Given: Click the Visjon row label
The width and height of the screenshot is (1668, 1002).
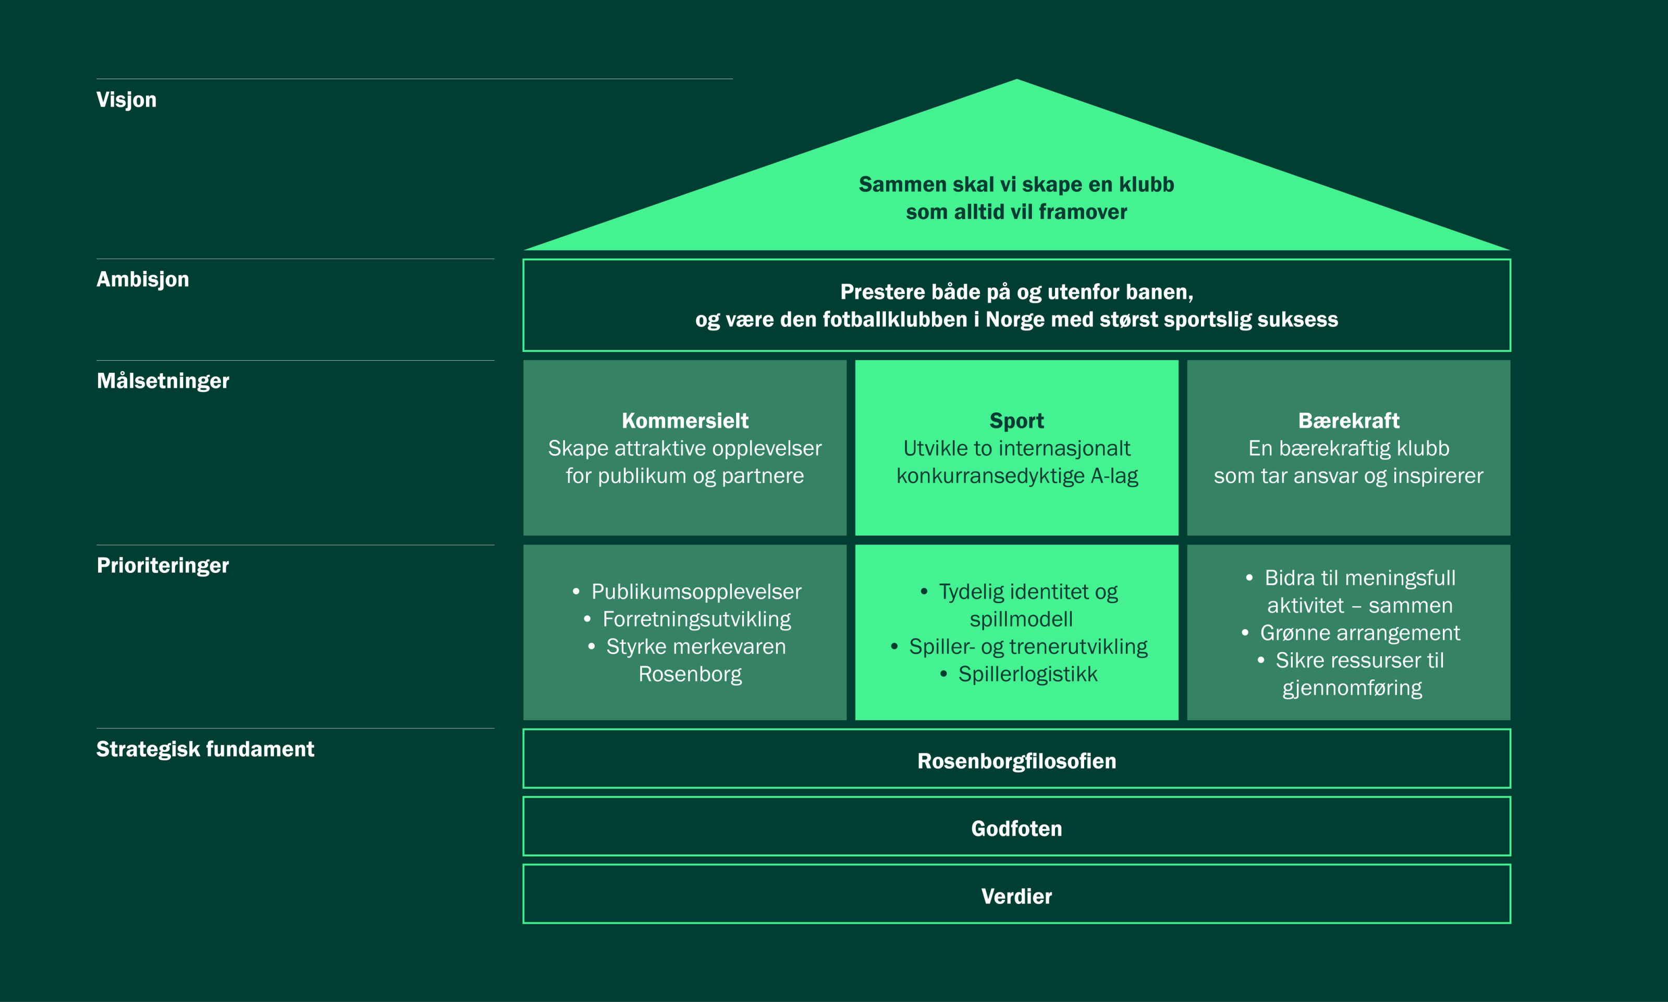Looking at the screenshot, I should pos(126,100).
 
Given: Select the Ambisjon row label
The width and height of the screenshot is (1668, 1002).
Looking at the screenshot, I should pos(142,279).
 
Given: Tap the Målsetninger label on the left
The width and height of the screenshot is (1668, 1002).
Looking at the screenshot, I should pos(163,381).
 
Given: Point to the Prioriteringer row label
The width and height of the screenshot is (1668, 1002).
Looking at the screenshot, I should pos(163,565).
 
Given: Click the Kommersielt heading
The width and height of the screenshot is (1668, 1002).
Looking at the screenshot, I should pos(684,421).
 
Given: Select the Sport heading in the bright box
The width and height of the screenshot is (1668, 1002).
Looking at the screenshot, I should pos(1016,421).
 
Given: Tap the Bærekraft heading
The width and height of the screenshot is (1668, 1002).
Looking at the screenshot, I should pos(1348,421).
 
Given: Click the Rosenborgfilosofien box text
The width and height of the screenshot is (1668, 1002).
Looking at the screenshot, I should pos(1016,761).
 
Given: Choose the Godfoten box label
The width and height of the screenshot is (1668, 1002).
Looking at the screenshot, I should pos(1016,828).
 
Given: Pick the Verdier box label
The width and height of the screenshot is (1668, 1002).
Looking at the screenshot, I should pos(1016,896).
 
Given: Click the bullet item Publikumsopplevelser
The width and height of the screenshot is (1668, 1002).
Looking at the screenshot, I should pos(696,592).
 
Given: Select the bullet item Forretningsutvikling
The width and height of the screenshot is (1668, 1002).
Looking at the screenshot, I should pos(696,619).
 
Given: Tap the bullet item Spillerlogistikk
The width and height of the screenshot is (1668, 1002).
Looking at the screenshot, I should pos(1027,674).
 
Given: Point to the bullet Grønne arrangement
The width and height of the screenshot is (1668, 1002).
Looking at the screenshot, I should pos(1359,633).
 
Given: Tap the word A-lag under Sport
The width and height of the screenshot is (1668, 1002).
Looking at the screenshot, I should pos(1114,476).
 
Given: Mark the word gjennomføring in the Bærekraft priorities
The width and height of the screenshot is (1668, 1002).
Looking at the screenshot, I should pos(1352,688).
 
